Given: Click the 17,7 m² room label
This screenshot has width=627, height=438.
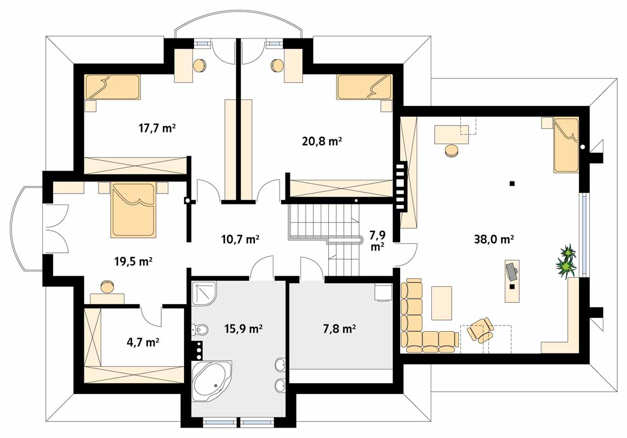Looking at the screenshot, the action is tap(157, 128).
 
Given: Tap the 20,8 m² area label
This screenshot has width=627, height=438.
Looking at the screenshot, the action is tap(322, 141).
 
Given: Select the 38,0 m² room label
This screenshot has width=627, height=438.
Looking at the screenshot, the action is tap(494, 240).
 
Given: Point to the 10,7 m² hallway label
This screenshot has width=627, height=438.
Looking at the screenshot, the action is tap(240, 240).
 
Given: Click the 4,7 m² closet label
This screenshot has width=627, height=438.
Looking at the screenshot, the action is tap(143, 343).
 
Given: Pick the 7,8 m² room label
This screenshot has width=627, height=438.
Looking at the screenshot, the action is tap(339, 329).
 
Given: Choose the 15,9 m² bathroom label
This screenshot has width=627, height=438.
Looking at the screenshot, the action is tap(243, 329).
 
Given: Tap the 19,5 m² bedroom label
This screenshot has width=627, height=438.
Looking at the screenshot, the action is tap(133, 261).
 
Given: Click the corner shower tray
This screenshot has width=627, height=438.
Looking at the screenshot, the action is tap(204, 294).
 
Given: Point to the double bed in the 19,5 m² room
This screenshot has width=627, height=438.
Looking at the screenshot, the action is tap(133, 209).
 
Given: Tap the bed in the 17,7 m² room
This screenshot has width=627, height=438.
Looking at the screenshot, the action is tap(112, 87).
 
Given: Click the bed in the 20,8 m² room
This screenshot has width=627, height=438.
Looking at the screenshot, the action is tap(364, 87).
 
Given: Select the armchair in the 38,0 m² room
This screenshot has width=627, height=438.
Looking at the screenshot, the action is tap(480, 330).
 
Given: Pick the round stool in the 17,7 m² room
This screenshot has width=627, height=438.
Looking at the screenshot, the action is tap(199, 65).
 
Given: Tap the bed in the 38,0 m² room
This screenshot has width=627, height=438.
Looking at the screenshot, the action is tap(566, 145).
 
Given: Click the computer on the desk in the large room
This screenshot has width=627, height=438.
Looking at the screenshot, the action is tap(511, 271).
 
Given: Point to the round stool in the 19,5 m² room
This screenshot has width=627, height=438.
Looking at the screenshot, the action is tap(107, 286).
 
